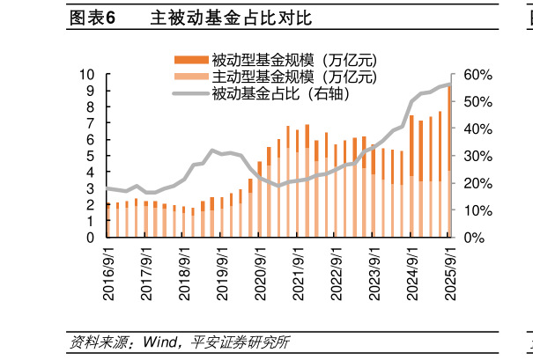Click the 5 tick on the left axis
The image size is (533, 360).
[x=91, y=157]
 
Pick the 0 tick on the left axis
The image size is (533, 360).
[x=91, y=238]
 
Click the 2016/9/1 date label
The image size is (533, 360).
[x=108, y=273]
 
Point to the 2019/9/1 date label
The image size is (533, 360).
[x=223, y=273]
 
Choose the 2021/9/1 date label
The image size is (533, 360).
[x=298, y=273]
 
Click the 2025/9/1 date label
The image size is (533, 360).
[x=448, y=273]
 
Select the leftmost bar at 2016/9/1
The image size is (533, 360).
[x=108, y=221]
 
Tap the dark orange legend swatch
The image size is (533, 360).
[x=190, y=60]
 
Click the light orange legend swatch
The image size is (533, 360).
[x=190, y=77]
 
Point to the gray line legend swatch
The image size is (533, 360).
[x=190, y=93]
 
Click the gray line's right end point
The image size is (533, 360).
[x=449, y=84]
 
